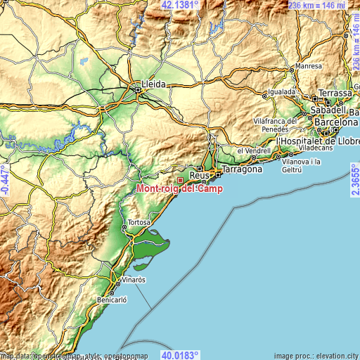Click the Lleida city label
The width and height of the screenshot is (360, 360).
pos(154,84)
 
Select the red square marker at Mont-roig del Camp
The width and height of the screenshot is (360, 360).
pos(180,180)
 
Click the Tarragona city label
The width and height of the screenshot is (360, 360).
pos(242,169)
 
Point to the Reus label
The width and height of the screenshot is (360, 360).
pos(199,176)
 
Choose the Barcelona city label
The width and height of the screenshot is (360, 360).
pos(336,122)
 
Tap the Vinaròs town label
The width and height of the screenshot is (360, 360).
pos(131,279)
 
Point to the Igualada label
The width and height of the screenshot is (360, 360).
pos(282,92)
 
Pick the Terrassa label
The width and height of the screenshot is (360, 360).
pos(335,93)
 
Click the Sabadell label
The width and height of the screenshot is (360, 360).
pos(329,110)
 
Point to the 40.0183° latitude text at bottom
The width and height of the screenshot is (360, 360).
pos(180,355)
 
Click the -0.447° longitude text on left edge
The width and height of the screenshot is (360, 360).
pos(5,180)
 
